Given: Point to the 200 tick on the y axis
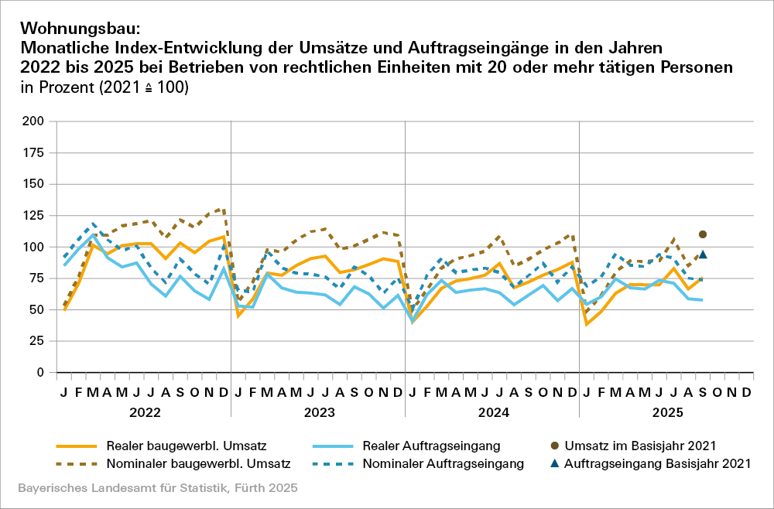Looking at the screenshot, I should click(x=33, y=121).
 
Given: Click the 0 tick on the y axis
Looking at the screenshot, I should click(x=39, y=373).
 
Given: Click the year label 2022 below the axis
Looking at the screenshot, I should click(x=144, y=412).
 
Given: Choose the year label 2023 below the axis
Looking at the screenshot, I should click(x=318, y=412).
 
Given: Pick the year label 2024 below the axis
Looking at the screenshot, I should click(x=493, y=412).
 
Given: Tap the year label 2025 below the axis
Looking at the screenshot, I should click(x=667, y=412).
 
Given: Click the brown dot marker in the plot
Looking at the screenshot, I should click(x=703, y=234).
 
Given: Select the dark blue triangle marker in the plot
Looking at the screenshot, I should click(x=703, y=254).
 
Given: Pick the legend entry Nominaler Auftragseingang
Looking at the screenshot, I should click(x=446, y=464).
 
